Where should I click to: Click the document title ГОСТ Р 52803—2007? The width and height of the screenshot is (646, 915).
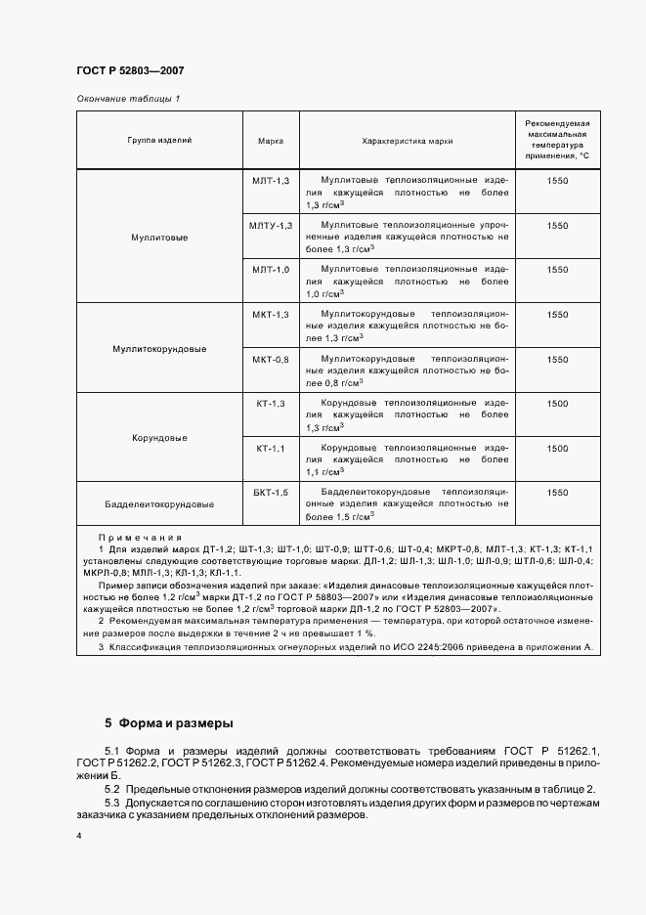point(130,71)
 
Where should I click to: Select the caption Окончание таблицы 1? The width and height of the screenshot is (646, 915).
point(128,99)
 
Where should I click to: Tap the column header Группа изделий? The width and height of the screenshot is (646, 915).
point(159,141)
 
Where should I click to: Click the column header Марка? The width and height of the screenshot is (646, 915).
point(271,141)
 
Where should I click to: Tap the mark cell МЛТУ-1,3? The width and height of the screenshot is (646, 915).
point(271,225)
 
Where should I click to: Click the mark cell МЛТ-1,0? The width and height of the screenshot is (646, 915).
point(271,269)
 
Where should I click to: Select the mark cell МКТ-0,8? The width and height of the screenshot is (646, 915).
point(271,359)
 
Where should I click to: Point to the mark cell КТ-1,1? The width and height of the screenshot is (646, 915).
point(271,448)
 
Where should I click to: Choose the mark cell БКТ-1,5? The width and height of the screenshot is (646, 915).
point(271,493)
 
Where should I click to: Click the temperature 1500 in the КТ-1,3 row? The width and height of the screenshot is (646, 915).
point(557,404)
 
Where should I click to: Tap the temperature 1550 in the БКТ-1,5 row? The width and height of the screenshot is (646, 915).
point(557,493)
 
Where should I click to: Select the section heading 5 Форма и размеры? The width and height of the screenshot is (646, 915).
point(168,724)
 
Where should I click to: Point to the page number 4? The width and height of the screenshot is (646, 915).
point(78,837)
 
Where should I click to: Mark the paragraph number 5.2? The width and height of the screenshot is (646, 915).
point(112,789)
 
